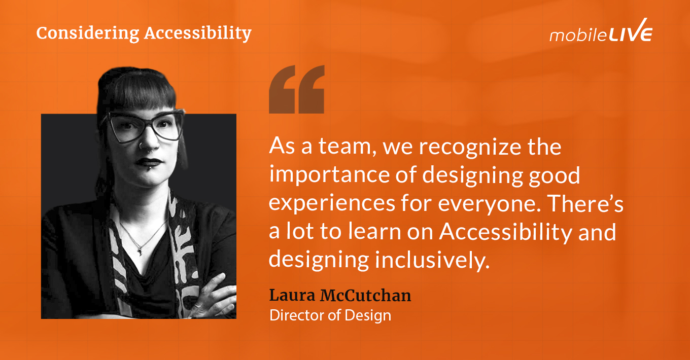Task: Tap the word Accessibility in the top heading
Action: click(x=198, y=33)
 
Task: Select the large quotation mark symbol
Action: click(x=296, y=89)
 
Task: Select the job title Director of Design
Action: click(x=330, y=315)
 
